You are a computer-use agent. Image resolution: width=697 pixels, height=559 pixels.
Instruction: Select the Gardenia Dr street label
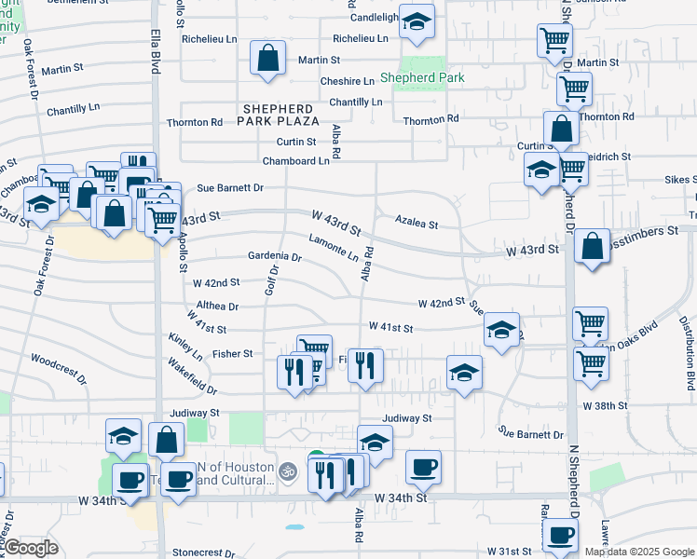(x=275, y=257)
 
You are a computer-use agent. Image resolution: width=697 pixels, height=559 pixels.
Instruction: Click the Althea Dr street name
(x=217, y=306)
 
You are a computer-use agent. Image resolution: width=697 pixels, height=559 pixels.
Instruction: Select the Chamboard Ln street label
(x=296, y=160)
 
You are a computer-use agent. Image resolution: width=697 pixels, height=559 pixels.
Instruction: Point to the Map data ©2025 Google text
(x=639, y=552)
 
